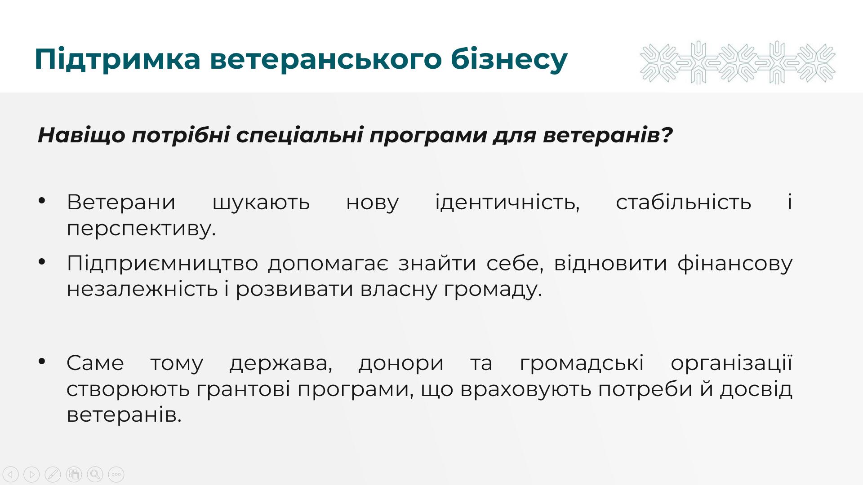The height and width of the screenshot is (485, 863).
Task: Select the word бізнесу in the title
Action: pos(509,59)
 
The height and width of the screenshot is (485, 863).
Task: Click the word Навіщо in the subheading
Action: pos(81,135)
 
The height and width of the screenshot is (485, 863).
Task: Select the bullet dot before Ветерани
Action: pos(42,201)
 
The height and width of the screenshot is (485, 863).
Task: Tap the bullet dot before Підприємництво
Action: pos(42,261)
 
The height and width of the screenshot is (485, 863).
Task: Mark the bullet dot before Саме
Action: pos(42,361)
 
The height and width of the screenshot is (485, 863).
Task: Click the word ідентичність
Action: pos(507,203)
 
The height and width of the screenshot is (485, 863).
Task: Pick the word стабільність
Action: pos(684,202)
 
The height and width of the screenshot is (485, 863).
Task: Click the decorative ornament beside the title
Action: pos(738,63)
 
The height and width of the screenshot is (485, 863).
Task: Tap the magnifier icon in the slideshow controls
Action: pos(95,474)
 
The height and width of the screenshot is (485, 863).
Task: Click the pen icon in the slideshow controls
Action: pos(53,474)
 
